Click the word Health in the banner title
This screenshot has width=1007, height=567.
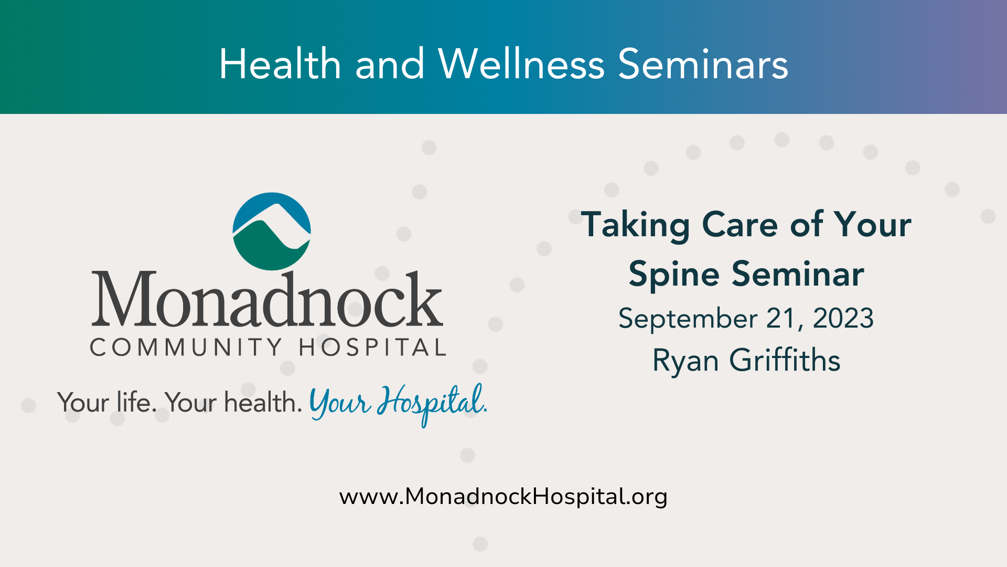280,64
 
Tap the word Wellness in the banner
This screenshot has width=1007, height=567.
521,64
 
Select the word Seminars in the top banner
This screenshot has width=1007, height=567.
703,64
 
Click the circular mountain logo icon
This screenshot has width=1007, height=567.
272,232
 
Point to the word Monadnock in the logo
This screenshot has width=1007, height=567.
267,298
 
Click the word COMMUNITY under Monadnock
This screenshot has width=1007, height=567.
186,348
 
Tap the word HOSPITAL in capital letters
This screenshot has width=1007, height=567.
372,348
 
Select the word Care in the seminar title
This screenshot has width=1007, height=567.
741,225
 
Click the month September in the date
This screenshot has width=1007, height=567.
688,319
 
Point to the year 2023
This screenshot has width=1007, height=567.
843,318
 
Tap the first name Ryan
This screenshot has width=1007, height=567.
685,362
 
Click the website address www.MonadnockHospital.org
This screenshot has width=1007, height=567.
504,497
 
